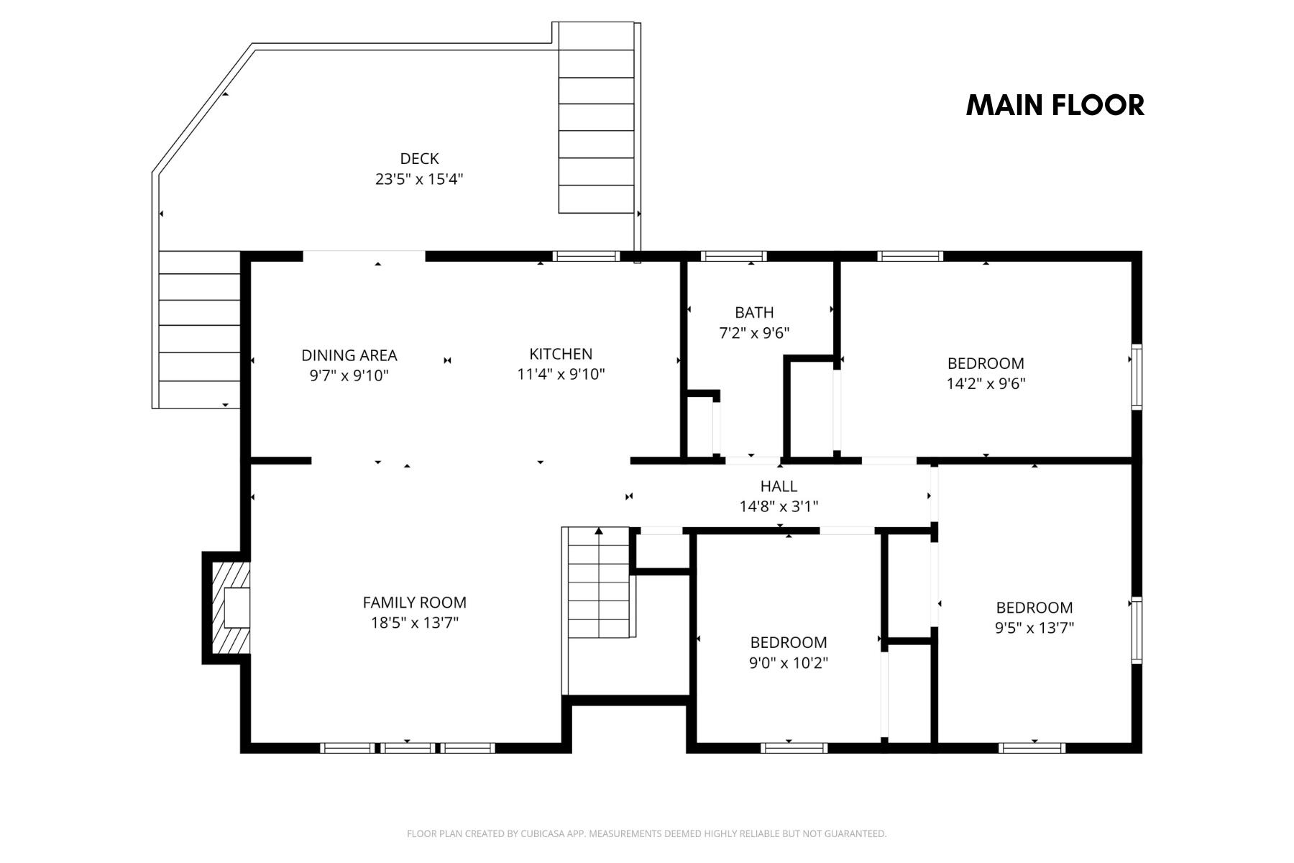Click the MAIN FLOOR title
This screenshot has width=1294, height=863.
coord(1055,105)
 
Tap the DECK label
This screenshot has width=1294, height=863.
coord(419,158)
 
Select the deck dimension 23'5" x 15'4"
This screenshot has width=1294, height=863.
coord(419,178)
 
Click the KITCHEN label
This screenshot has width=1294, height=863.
coord(561,354)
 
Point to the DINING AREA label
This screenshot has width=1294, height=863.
coord(349,355)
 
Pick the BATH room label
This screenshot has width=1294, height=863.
coord(754,312)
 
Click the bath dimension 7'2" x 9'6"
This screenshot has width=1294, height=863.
coord(754,333)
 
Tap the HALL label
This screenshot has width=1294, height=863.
coord(779,486)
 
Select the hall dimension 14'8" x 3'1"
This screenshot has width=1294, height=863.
coord(779,506)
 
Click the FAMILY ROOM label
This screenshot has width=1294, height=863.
coord(414,603)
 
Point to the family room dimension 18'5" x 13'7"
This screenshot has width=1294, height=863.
coord(414,623)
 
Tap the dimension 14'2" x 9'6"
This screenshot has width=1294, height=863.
coord(986,383)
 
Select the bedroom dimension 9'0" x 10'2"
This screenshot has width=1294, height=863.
coord(789,662)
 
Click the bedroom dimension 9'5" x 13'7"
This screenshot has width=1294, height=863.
coord(1034,628)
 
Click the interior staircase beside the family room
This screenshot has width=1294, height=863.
coord(599,583)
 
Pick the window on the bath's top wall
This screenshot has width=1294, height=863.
coord(733,255)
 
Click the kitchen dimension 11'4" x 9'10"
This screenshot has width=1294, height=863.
coord(561,374)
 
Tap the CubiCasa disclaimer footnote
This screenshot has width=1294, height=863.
coord(646,834)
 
